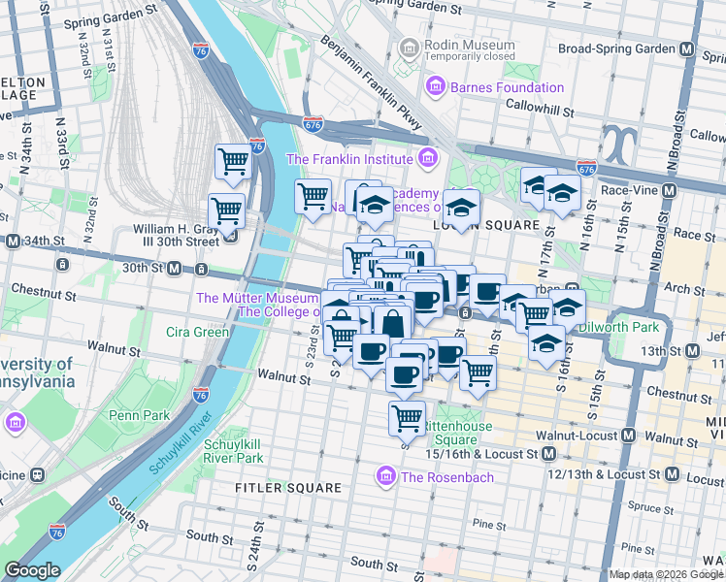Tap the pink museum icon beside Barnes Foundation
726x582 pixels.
433,87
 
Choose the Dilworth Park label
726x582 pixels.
618,328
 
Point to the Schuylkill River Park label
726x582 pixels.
233,451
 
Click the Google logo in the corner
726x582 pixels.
32,570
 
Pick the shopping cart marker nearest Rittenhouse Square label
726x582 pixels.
407,419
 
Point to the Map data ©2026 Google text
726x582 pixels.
665,574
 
